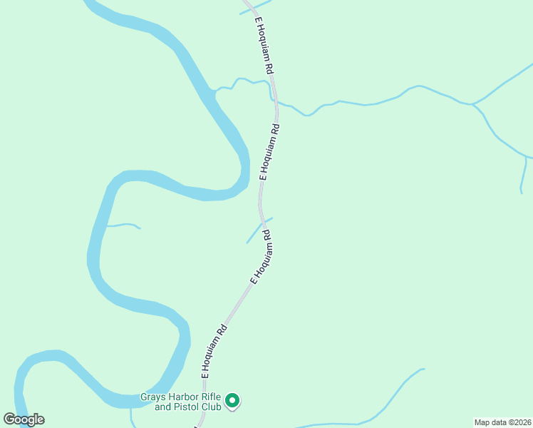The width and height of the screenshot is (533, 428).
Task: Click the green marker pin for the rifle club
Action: [232, 401]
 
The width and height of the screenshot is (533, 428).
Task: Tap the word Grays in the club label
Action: [152, 397]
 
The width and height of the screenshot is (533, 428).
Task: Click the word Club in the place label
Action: [211, 407]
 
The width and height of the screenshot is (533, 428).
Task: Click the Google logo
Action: [24, 419]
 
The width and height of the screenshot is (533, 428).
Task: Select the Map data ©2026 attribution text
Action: [503, 422]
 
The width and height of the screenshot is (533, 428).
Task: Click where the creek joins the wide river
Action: [213, 91]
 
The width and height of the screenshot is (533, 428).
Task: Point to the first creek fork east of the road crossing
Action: [473, 104]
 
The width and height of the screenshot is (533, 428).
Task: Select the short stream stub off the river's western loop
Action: [123, 225]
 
